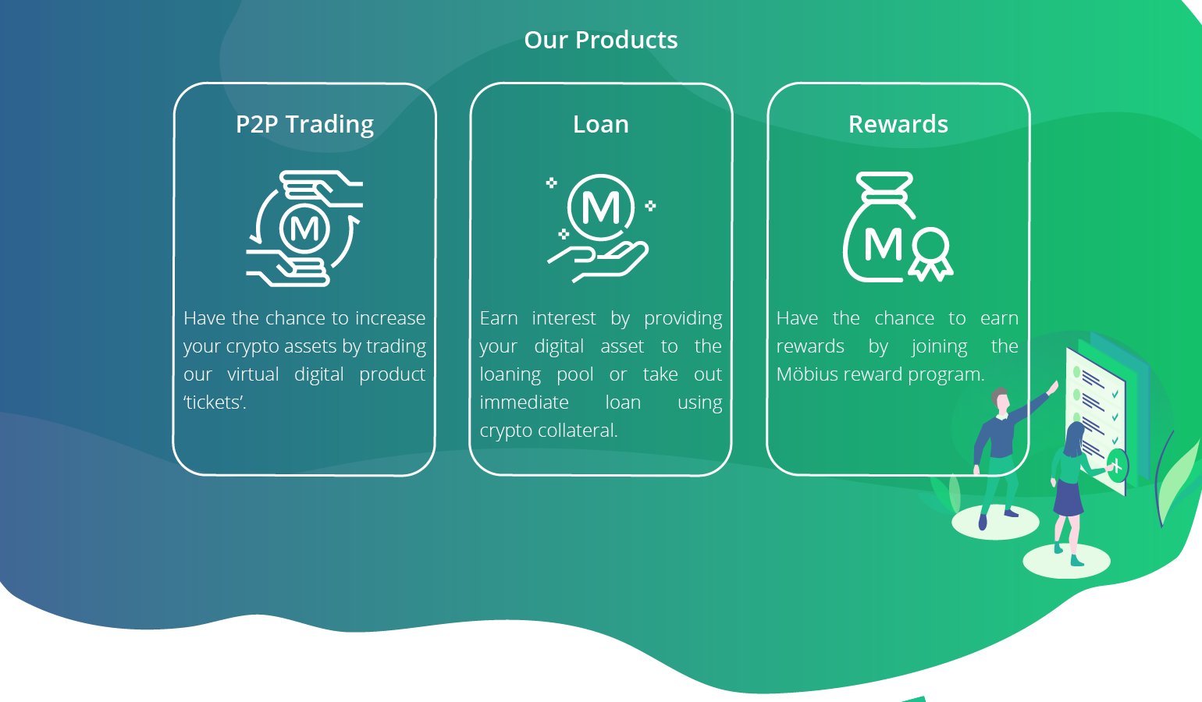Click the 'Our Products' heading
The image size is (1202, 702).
point(600,40)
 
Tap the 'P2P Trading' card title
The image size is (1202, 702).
point(304,124)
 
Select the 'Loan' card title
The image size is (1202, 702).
point(600,124)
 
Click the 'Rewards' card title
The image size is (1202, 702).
point(898,124)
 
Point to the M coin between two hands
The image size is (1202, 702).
point(304,229)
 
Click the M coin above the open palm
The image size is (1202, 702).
point(600,207)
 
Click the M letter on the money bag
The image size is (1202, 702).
point(884,245)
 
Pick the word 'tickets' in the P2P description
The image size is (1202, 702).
point(215,402)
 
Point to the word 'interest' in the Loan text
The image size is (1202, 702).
point(564,318)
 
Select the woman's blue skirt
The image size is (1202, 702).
point(1069,498)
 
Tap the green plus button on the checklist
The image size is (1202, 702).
point(1117,466)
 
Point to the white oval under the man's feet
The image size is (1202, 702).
point(995,522)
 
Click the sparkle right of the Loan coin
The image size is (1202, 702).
point(650,205)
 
